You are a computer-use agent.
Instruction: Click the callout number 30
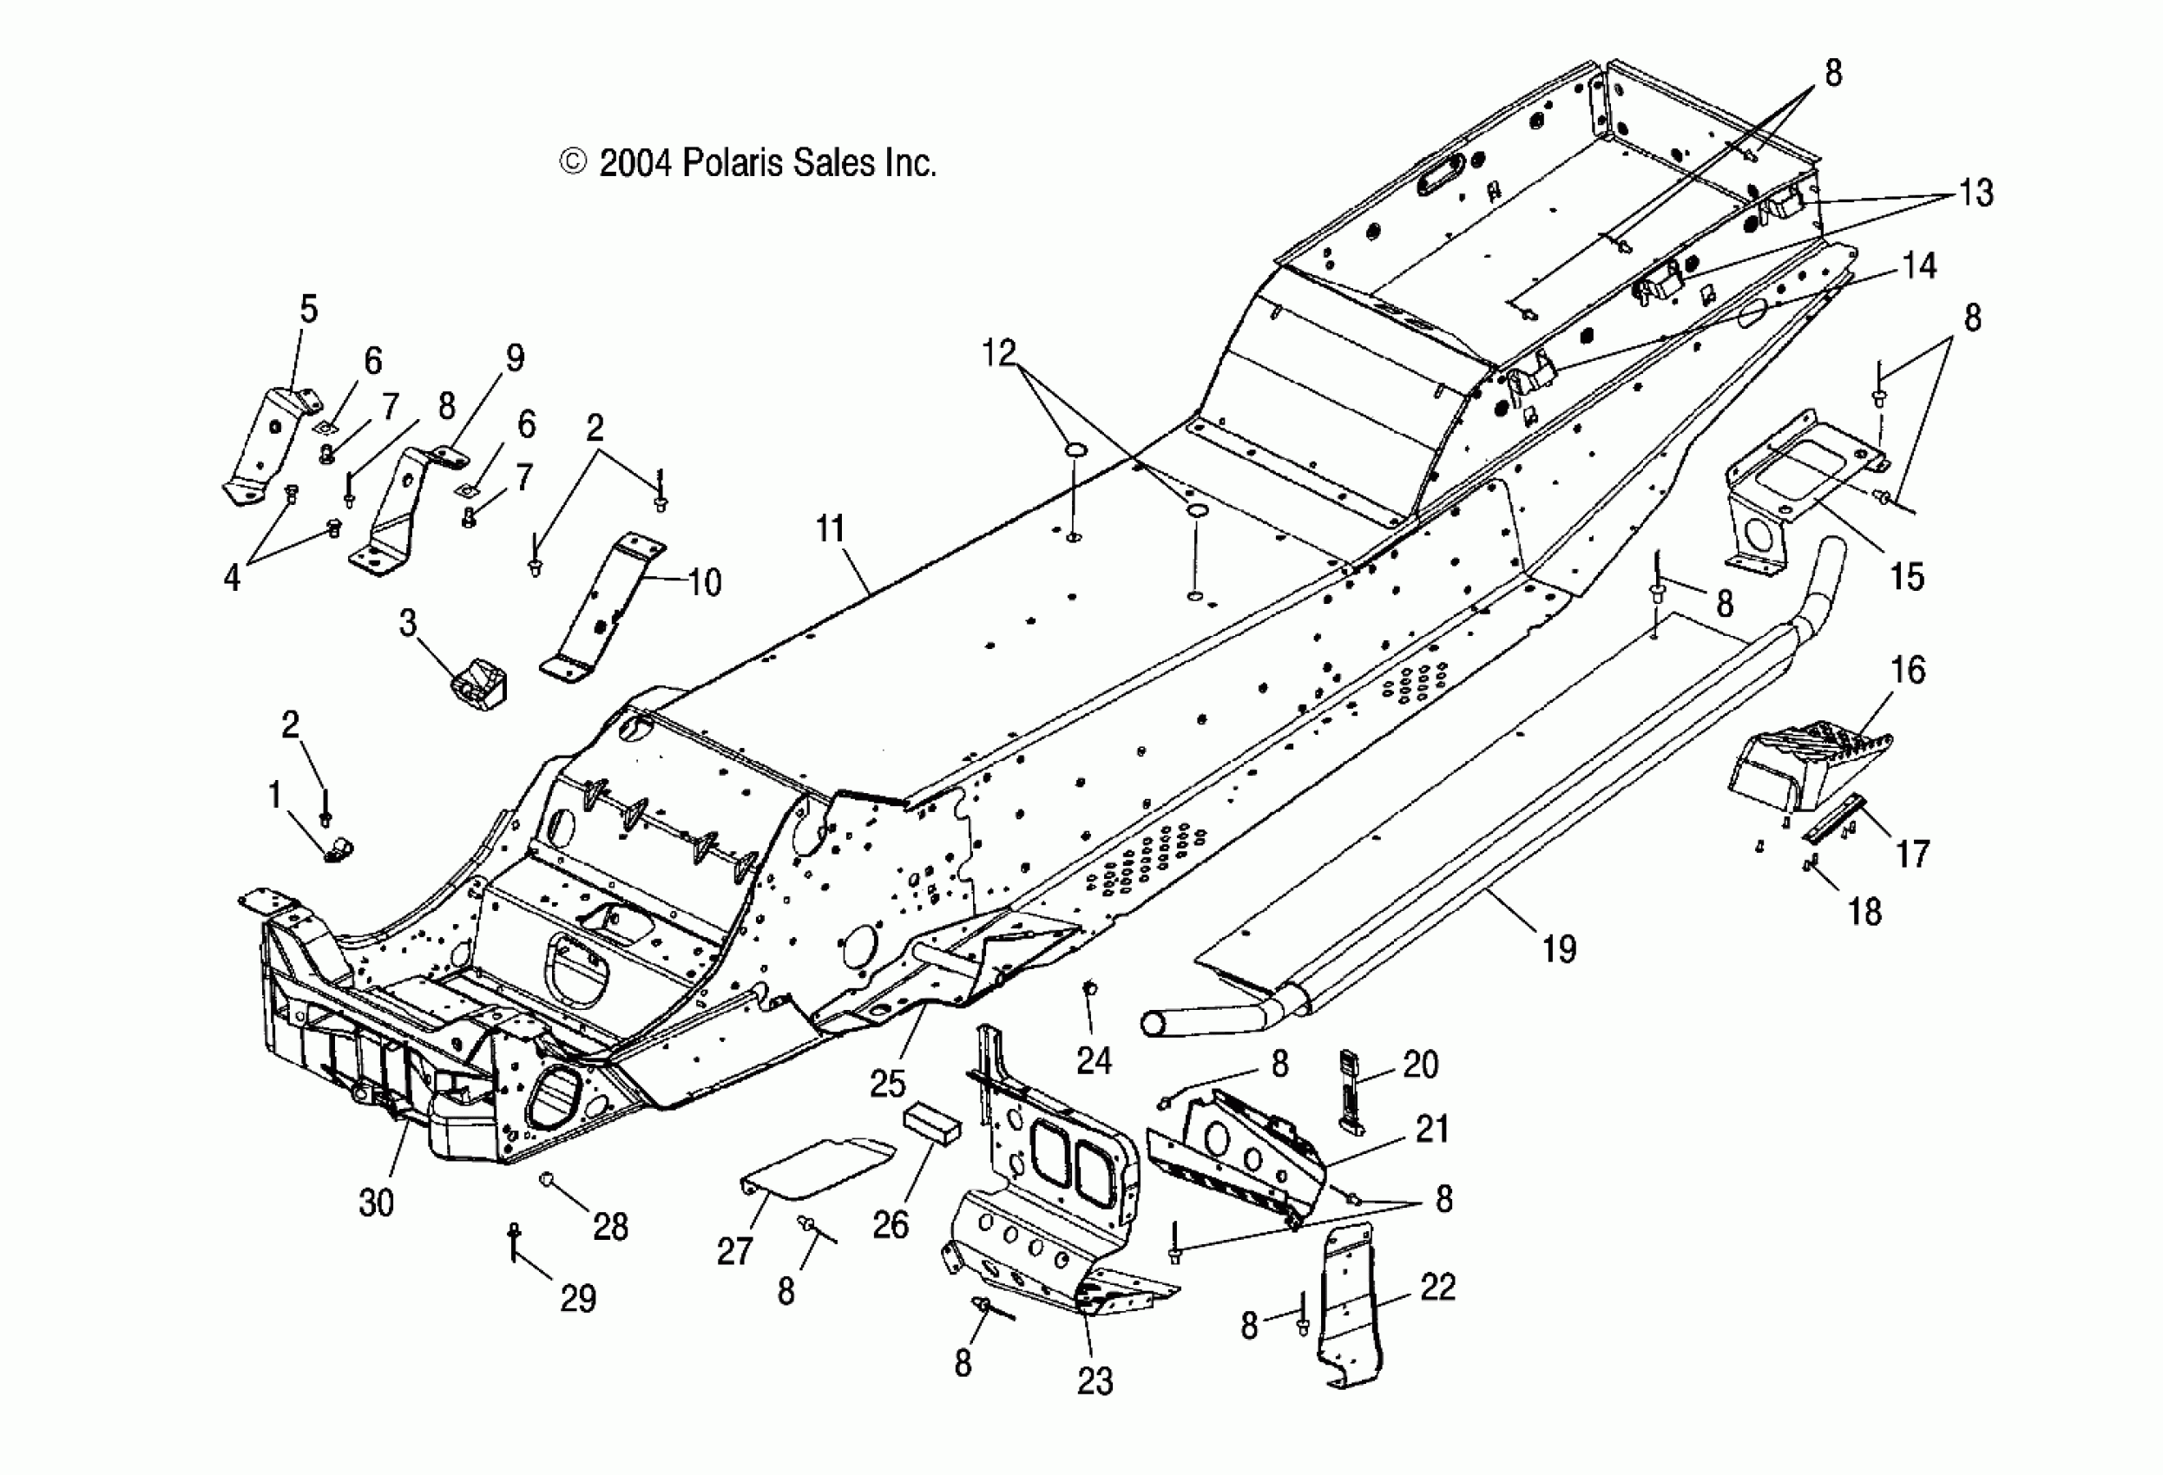pos(376,1203)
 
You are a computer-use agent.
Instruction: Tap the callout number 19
pos(1559,949)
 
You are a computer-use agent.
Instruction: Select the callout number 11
pos(829,529)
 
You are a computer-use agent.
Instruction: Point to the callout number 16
pos(1908,670)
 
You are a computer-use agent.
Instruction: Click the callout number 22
pos(1437,1288)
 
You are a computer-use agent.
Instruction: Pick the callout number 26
pos(890,1224)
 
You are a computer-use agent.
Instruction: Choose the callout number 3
pos(408,624)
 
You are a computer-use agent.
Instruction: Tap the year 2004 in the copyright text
pos(634,164)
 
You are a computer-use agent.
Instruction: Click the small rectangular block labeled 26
pos(930,1126)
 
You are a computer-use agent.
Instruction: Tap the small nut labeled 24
pos(1090,988)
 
